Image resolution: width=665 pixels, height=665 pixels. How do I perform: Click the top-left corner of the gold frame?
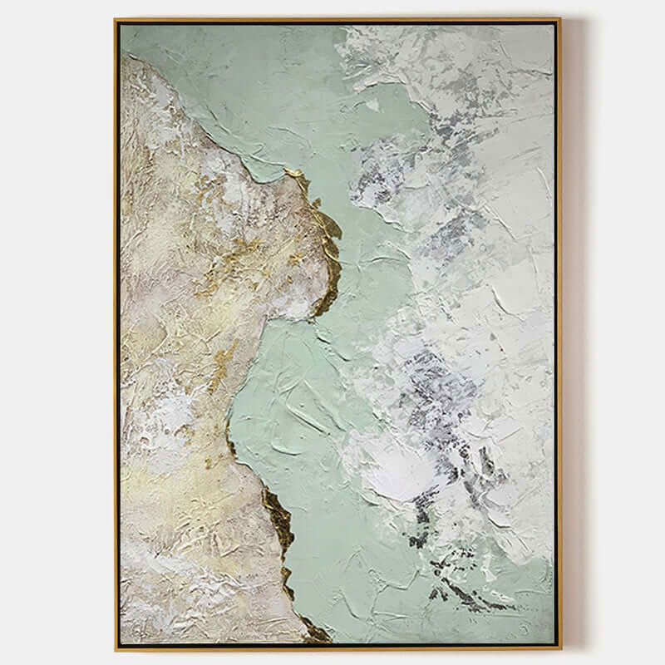[x=116, y=19]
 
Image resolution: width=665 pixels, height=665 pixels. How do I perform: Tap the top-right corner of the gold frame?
[x=559, y=19]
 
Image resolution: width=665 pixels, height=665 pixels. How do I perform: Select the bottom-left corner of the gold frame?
[x=116, y=648]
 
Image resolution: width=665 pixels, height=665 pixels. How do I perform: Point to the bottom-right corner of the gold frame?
[x=559, y=648]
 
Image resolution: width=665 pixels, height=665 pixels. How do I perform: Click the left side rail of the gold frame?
[x=116, y=332]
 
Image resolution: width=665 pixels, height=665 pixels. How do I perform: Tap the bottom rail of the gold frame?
[x=332, y=648]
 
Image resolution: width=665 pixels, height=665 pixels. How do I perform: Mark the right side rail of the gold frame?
[x=559, y=332]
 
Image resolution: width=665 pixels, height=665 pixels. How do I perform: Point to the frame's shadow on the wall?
[x=570, y=332]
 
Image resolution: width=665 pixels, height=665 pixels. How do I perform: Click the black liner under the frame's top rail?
[x=332, y=24]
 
